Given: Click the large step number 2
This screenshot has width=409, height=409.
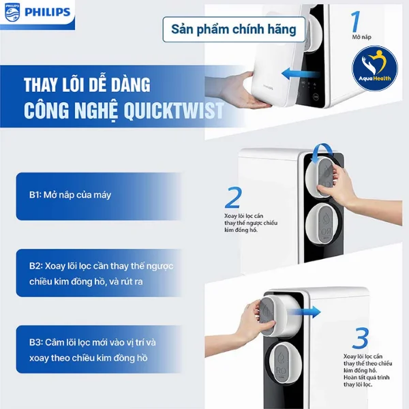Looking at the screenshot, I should pyautogui.click(x=234, y=198).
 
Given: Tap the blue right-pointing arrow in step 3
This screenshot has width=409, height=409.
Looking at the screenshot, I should pyautogui.click(x=311, y=312).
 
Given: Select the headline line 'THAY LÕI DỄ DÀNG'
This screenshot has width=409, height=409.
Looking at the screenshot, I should pyautogui.click(x=87, y=87).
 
